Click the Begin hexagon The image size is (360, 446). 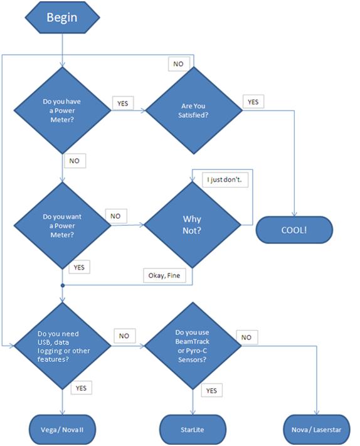pyautogui.click(x=62, y=18)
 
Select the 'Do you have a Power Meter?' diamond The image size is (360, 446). pyautogui.click(x=62, y=110)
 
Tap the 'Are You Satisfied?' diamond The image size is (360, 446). pyautogui.click(x=194, y=110)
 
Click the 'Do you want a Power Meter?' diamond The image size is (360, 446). pyautogui.click(x=62, y=226)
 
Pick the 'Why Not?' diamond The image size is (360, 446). pyautogui.click(x=193, y=225)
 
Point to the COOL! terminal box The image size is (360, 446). pyautogui.click(x=294, y=230)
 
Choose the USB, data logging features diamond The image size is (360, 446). pyautogui.click(x=62, y=346)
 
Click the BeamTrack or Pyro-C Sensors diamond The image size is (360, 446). pyautogui.click(x=193, y=346)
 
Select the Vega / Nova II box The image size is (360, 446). pyautogui.click(x=62, y=430)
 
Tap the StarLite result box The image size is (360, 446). pyautogui.click(x=193, y=430)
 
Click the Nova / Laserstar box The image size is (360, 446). pyautogui.click(x=317, y=430)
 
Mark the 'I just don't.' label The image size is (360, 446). pyautogui.click(x=225, y=180)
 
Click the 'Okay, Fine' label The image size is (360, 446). pyautogui.click(x=164, y=275)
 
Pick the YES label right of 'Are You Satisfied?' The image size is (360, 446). pyautogui.click(x=253, y=102)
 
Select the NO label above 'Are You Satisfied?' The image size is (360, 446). pyautogui.click(x=179, y=64)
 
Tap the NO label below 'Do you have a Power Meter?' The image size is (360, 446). pyautogui.click(x=75, y=161)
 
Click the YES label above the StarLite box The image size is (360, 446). pyautogui.click(x=211, y=390)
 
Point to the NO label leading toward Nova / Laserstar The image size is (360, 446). pyautogui.click(x=247, y=337)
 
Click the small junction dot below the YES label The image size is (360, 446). pyautogui.click(x=63, y=285)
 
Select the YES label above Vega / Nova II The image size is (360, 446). pyautogui.click(x=82, y=388)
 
